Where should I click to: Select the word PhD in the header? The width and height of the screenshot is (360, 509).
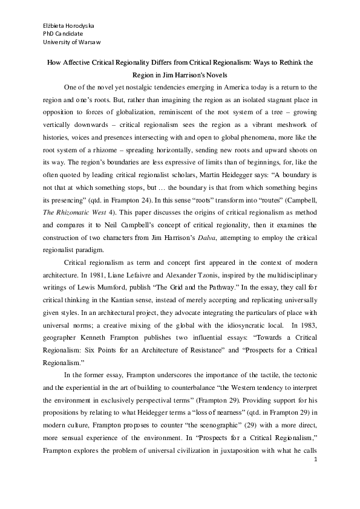pos(48,33)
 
